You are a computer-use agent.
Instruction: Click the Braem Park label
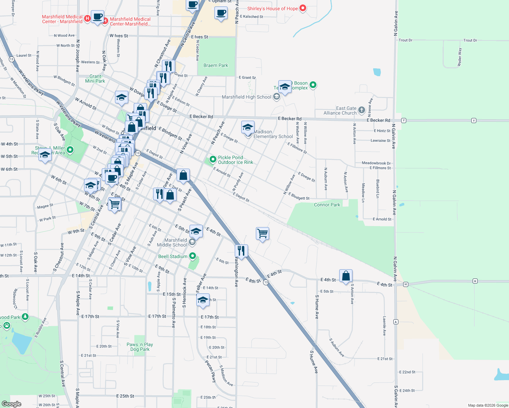(216, 65)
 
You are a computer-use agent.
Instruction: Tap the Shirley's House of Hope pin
(302, 8)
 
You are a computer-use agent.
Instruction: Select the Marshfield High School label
(246, 97)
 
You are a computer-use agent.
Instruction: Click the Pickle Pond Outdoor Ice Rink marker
(213, 159)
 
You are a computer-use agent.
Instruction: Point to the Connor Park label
(327, 205)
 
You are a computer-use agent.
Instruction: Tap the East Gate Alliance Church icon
(362, 110)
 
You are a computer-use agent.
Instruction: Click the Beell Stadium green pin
(193, 256)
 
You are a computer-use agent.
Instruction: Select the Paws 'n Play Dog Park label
(140, 347)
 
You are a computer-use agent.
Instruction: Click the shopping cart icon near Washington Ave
(263, 234)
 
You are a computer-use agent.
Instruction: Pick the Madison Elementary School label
(273, 134)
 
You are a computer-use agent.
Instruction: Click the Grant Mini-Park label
(95, 79)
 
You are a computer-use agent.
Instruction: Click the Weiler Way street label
(460, 57)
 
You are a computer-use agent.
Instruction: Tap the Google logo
(12, 404)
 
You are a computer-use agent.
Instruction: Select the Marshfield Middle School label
(172, 242)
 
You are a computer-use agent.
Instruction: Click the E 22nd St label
(407, 372)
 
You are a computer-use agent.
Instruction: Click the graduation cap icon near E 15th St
(203, 300)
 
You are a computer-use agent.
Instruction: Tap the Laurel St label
(24, 55)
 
